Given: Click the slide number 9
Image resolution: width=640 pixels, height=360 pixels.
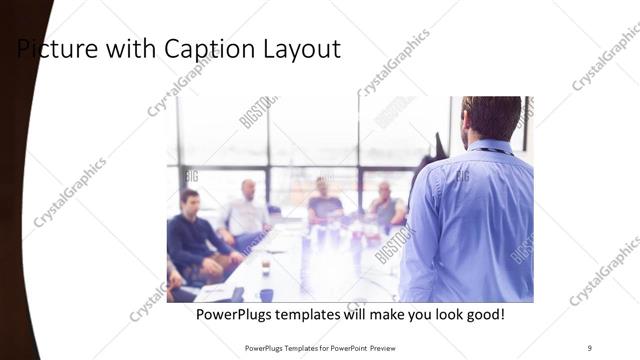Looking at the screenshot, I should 589,347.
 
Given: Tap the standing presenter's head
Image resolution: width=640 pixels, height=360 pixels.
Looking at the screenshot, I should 490,116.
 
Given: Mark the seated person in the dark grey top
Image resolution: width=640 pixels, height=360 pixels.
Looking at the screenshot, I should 324,204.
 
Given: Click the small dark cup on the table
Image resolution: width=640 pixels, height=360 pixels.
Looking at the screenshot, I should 266,294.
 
